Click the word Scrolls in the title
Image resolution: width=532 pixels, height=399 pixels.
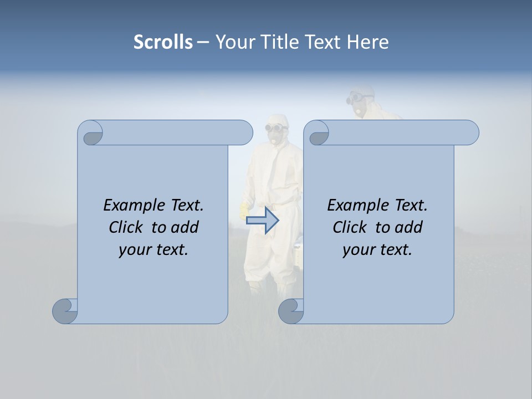[163, 42]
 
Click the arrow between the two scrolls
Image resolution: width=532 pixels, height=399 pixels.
[262, 220]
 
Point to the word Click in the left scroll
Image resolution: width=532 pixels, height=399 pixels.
[127, 227]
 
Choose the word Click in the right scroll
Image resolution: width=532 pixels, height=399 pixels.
[351, 227]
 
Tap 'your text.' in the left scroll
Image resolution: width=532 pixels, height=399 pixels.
[154, 249]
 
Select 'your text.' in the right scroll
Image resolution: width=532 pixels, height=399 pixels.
[377, 249]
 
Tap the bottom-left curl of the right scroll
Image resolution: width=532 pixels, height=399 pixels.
[291, 311]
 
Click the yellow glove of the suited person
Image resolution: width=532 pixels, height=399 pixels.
[243, 211]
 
